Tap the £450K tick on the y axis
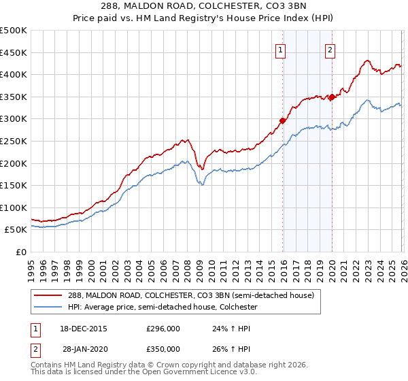click(x=14, y=52)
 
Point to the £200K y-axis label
click(x=14, y=163)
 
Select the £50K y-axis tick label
click(x=16, y=230)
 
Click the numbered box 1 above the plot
click(x=281, y=49)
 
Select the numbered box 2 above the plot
click(x=330, y=49)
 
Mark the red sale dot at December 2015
click(x=282, y=121)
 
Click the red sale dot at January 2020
click(x=331, y=97)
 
